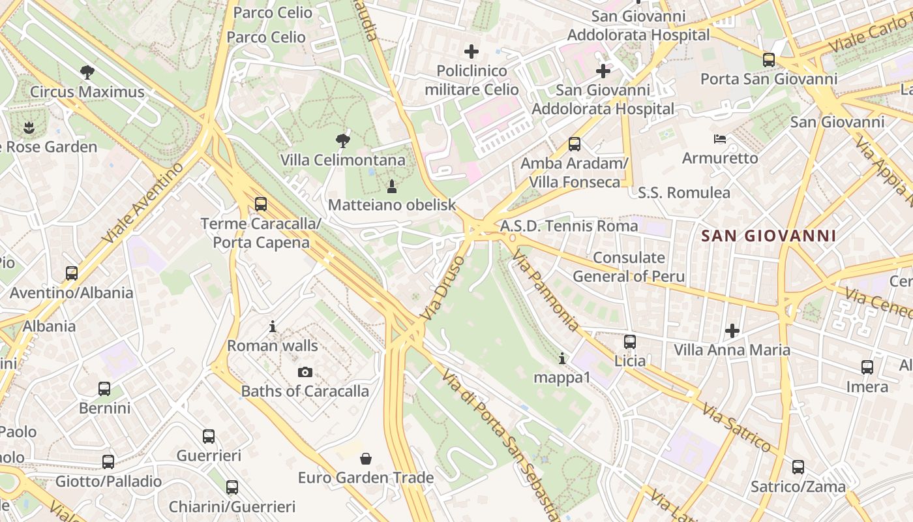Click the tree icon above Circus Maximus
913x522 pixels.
tap(87, 72)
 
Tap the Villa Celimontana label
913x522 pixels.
tap(342, 160)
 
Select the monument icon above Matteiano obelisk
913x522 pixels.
tap(391, 187)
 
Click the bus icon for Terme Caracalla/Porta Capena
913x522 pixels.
tap(261, 204)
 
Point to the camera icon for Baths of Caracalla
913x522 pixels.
tap(305, 373)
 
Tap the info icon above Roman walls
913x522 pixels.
tap(273, 326)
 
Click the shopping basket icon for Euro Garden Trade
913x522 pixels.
tap(366, 459)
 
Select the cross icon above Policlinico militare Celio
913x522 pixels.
tap(471, 51)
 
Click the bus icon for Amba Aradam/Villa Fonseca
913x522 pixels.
tap(574, 144)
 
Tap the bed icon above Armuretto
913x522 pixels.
tap(720, 139)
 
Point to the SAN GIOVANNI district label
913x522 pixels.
tap(768, 236)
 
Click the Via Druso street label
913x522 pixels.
tap(443, 288)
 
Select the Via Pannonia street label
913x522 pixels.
tap(546, 292)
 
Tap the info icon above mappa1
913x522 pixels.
tap(562, 358)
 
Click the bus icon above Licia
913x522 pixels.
tap(629, 342)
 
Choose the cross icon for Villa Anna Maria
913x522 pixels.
tap(732, 331)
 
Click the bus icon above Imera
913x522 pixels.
tap(867, 367)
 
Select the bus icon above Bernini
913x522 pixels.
tap(104, 389)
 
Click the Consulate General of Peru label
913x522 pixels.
tap(629, 267)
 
